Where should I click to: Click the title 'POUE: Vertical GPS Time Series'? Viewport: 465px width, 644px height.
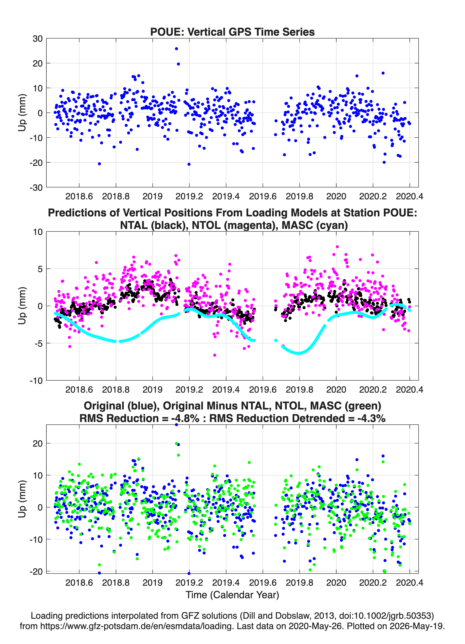coord(232,32)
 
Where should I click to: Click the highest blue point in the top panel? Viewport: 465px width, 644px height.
coord(176,49)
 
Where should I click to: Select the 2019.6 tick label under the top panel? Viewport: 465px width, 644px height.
coord(263,196)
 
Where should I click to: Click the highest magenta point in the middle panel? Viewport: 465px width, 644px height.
coord(337,247)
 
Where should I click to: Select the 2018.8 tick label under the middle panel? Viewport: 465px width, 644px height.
coord(116,390)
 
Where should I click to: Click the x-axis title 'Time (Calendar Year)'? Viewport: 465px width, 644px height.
coord(232,595)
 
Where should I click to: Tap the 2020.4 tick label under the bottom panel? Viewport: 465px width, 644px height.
coord(409,583)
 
